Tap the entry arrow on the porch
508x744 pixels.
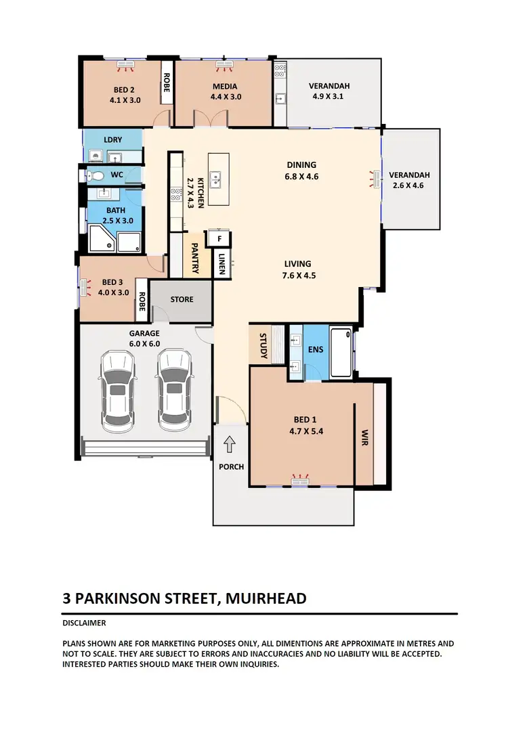230,444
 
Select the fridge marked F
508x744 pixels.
219,238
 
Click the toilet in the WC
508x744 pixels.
96,176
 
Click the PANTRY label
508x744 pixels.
194,259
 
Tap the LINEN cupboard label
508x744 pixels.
222,264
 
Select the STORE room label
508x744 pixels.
182,299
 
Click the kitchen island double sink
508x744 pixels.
218,180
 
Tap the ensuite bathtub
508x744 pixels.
341,353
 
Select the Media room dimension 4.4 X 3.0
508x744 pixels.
225,97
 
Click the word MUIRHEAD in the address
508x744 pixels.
266,598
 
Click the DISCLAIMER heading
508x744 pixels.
84,623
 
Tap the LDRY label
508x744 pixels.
113,140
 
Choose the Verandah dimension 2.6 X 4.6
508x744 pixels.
408,185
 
